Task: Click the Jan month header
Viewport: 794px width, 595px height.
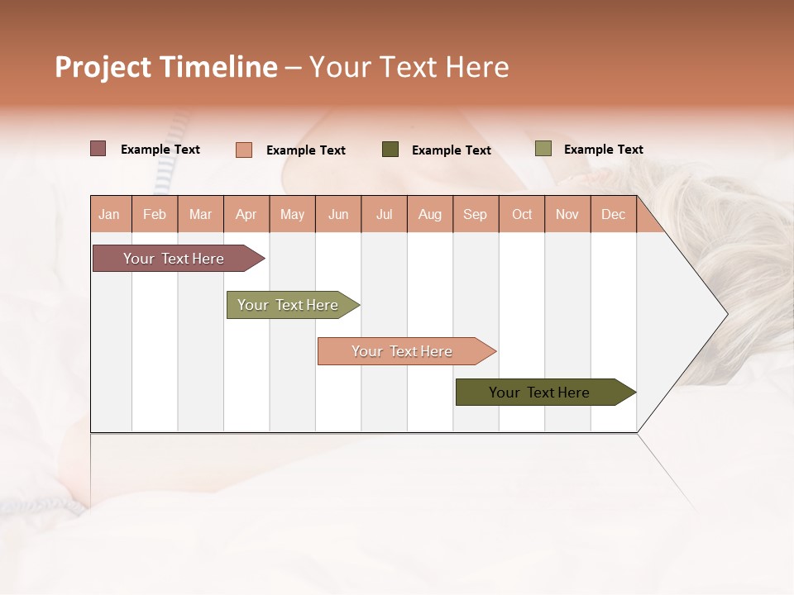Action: tap(109, 215)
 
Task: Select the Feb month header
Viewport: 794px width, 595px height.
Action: tap(155, 215)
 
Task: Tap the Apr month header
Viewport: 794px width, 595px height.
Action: tap(246, 215)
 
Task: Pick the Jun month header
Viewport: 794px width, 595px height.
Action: tap(338, 215)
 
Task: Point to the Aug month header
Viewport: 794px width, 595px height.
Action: tap(429, 215)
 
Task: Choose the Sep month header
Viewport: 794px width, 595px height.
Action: tap(475, 215)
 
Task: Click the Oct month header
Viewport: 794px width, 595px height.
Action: tap(522, 215)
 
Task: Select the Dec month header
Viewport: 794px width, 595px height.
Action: tap(613, 215)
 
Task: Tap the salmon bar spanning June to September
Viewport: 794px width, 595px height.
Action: tap(404, 351)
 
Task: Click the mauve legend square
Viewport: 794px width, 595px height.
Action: tap(98, 149)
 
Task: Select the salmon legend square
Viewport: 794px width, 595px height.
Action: tap(244, 150)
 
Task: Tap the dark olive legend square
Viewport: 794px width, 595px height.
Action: tap(390, 150)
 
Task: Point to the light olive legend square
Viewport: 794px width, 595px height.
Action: tap(543, 149)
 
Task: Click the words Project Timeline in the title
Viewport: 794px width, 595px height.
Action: tap(166, 67)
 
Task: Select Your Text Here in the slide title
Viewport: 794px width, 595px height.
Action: tap(409, 67)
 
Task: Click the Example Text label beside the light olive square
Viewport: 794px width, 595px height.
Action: tap(603, 150)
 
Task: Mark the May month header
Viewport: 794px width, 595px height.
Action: tap(292, 215)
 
